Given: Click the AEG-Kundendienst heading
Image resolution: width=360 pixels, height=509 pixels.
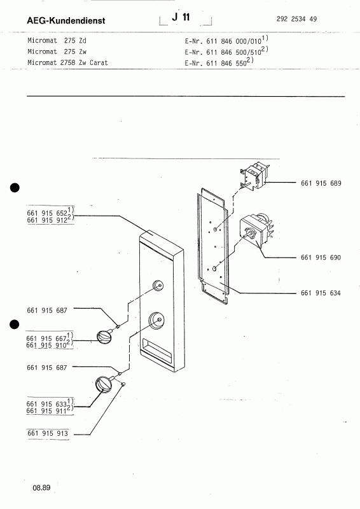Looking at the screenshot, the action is point(66,20).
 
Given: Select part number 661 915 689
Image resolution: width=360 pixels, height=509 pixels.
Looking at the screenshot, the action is point(321,183).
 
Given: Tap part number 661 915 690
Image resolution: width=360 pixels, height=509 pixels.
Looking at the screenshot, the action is point(321,258).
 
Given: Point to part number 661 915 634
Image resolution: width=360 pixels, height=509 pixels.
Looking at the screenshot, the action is point(321,293).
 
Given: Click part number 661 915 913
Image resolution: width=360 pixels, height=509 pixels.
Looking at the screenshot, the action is point(48,433).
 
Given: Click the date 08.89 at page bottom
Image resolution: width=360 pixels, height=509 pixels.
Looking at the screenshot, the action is point(41,487).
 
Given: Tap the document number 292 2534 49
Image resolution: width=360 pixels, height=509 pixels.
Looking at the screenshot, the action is point(296,19).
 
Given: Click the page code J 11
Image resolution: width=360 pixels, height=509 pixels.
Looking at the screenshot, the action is point(181,17).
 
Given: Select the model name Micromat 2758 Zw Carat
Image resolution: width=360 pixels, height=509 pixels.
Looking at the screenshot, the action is point(67,62).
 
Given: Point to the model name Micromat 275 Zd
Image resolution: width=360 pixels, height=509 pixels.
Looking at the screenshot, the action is point(57,41).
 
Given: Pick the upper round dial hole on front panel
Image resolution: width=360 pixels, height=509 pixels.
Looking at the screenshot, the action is point(158,285).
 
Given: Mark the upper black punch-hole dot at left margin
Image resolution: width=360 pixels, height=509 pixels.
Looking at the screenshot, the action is point(15,188).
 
